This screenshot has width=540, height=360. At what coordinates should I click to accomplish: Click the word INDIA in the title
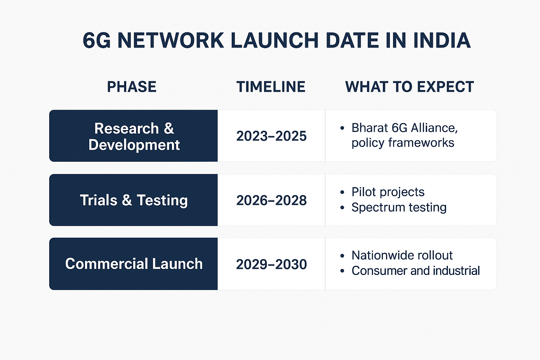coord(442,40)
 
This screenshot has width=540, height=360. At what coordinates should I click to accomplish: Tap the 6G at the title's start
coord(96,40)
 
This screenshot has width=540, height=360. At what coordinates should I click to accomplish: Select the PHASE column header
coord(131,87)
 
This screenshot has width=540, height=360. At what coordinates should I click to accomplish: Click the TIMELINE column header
coord(271,87)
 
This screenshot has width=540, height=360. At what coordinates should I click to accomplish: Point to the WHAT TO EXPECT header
coord(410,87)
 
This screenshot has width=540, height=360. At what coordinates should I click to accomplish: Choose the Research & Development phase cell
coord(134,136)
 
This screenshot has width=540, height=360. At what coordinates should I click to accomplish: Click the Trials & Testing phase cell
coord(134,200)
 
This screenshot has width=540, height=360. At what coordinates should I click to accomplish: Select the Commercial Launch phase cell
coord(134,264)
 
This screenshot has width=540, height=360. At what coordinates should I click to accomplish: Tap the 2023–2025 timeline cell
coord(271,136)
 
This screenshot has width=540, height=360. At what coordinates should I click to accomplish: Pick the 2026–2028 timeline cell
coord(271,200)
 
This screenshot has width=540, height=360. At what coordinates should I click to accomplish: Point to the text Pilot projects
coord(388,192)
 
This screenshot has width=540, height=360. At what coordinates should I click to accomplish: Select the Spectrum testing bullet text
coord(399,208)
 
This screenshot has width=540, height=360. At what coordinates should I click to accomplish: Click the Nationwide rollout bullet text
coord(402,255)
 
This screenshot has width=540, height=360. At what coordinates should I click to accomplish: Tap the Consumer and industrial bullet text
coord(416,271)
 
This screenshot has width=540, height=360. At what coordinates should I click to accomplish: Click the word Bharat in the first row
coord(369,128)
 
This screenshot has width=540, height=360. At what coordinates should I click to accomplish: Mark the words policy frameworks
coord(403,143)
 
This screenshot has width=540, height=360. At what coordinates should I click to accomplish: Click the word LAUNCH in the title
coord(275,40)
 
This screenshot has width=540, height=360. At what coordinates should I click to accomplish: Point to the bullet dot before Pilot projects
coord(342,192)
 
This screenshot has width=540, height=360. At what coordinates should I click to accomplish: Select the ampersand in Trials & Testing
coord(127,200)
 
